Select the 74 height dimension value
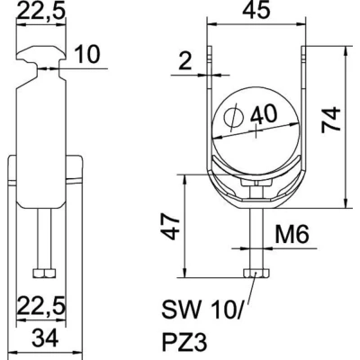[331, 120]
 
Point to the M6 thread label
[292, 235]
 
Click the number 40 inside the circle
[264, 114]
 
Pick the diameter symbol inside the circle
[233, 118]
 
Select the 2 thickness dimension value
[184, 62]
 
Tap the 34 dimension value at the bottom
[45, 337]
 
